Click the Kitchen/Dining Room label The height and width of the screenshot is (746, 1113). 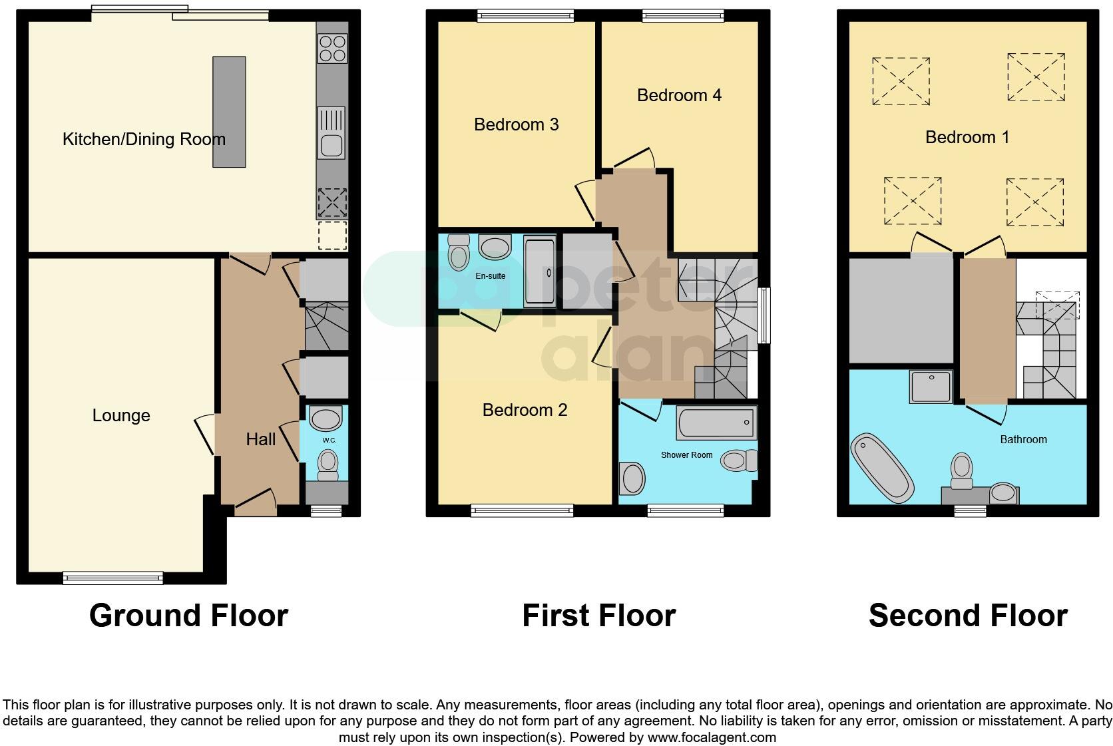[x=144, y=139]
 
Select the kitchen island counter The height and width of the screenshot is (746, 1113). [x=229, y=112]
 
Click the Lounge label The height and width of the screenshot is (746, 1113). [x=121, y=416]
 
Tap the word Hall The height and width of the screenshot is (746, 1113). [x=260, y=439]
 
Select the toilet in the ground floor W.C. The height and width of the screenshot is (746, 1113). [x=327, y=463]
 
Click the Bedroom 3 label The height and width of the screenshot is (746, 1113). [x=516, y=124]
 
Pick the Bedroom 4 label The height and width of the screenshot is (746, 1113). [x=679, y=95]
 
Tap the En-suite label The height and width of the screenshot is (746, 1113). [x=490, y=276]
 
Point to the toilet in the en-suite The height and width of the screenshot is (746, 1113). [x=459, y=252]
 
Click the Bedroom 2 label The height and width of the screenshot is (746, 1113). [x=525, y=410]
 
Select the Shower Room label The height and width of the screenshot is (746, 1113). [x=686, y=455]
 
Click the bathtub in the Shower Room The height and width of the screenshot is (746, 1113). [x=717, y=422]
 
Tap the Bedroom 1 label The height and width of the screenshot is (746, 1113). [x=967, y=137]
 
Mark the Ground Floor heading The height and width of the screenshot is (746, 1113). [x=188, y=616]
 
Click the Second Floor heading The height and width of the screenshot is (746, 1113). [x=967, y=616]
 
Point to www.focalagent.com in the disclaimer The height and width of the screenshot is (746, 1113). [x=712, y=737]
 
